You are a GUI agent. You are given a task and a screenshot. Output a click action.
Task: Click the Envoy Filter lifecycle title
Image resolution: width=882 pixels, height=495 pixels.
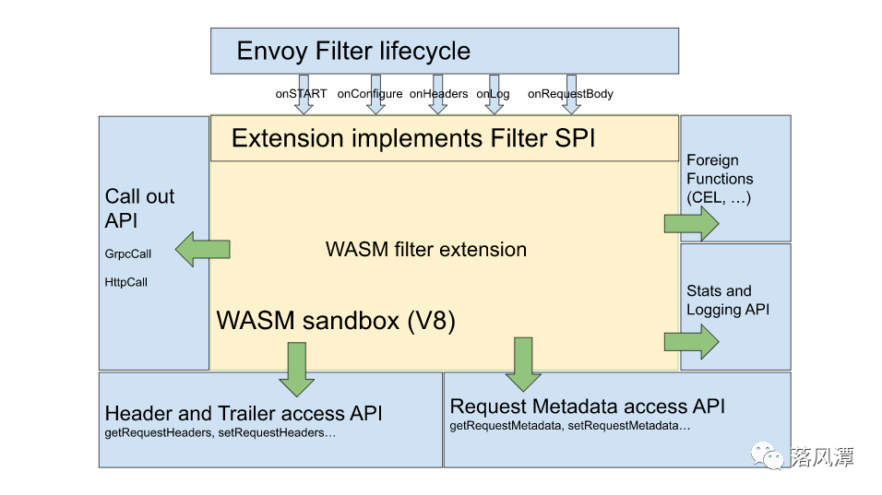click(353, 51)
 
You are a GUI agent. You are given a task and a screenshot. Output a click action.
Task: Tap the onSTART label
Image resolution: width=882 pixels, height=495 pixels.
click(301, 94)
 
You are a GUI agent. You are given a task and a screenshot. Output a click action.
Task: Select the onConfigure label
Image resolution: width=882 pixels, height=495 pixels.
click(370, 94)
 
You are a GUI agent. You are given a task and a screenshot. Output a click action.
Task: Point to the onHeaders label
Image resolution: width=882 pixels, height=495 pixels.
click(438, 94)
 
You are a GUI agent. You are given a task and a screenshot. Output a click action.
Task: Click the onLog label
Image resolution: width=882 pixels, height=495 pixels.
click(493, 94)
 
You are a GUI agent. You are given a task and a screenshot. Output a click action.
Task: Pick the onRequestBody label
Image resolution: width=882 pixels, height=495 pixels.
click(570, 94)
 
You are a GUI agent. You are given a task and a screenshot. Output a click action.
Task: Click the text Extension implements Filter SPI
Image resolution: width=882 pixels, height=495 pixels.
click(413, 138)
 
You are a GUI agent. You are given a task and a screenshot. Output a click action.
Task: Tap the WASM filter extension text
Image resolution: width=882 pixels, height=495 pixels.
click(426, 250)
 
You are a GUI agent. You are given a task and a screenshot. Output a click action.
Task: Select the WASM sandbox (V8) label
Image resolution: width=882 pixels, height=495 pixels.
click(337, 321)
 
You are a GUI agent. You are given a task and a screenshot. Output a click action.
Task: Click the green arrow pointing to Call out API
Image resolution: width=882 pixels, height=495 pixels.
click(203, 250)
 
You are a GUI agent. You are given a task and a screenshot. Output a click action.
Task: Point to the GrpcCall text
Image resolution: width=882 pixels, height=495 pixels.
click(128, 253)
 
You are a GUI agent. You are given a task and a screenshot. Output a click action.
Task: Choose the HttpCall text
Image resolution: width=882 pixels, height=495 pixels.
click(126, 282)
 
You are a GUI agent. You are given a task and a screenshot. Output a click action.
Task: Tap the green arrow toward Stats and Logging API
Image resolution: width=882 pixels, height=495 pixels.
click(691, 341)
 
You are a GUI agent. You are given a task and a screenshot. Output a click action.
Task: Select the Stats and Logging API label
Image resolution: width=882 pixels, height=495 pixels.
click(728, 301)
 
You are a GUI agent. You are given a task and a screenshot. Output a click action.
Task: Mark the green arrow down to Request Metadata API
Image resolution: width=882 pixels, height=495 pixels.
click(523, 362)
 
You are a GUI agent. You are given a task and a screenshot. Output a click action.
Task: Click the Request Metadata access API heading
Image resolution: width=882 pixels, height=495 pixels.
click(588, 407)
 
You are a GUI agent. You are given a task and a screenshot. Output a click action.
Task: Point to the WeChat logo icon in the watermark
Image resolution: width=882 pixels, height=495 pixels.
click(766, 454)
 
